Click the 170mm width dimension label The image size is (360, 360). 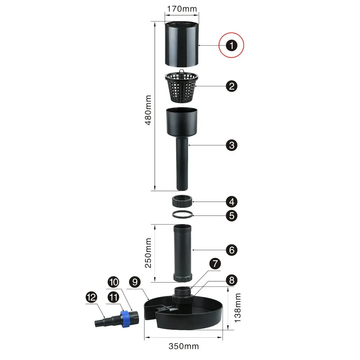coord(182,9)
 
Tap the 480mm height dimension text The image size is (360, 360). coord(148,110)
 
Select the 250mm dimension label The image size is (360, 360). coord(148,253)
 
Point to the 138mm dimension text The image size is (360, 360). coord(238,308)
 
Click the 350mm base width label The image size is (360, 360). coord(184,346)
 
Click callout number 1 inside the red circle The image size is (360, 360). coord(231,45)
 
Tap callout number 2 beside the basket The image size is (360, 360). coord(231,86)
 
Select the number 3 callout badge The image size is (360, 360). coord(231,145)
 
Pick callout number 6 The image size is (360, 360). coord(231,250)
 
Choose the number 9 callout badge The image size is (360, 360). coord(135,282)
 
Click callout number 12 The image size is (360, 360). coord(91,297)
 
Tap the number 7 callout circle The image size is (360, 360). coord(215,264)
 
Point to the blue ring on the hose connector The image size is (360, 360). coord(125,319)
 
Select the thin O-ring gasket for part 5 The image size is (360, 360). coord(182,215)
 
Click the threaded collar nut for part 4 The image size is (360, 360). coord(182,201)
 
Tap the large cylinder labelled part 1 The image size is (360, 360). coord(181,44)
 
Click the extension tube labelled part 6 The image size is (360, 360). coord(182,253)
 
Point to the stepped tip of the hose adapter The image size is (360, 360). coord(100,323)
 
